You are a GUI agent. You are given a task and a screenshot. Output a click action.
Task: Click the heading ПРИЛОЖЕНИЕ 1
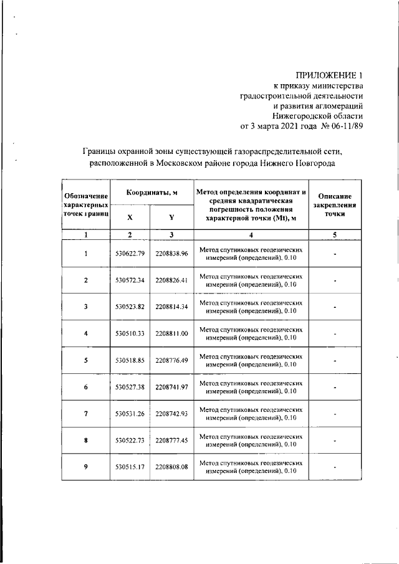click(328, 75)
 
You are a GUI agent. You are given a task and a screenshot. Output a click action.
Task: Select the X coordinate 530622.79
click(130, 254)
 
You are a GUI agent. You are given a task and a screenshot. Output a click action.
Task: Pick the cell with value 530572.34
click(130, 280)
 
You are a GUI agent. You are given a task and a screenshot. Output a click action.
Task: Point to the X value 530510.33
click(130, 333)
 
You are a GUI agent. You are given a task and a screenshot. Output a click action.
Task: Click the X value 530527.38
click(130, 387)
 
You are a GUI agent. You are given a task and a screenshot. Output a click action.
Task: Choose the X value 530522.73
click(130, 441)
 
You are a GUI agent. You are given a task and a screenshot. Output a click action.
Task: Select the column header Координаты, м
click(151, 193)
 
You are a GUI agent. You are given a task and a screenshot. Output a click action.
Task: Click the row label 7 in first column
click(85, 414)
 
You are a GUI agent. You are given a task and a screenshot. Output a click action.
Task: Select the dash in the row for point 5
click(335, 360)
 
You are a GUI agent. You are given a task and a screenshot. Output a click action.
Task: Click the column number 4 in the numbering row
click(251, 235)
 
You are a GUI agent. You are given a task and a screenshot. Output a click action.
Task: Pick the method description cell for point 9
click(251, 467)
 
